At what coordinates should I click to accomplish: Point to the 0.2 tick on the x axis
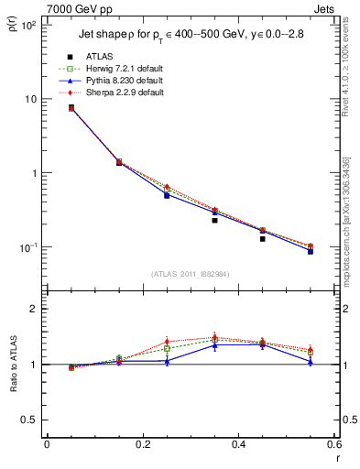[142, 444]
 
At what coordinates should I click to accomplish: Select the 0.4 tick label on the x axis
[238, 444]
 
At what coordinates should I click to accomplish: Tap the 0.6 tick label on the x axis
[334, 444]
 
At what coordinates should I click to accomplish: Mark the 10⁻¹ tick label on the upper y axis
[27, 247]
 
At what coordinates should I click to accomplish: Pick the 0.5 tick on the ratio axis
[28, 420]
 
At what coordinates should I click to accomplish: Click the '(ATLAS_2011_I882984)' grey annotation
[190, 274]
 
